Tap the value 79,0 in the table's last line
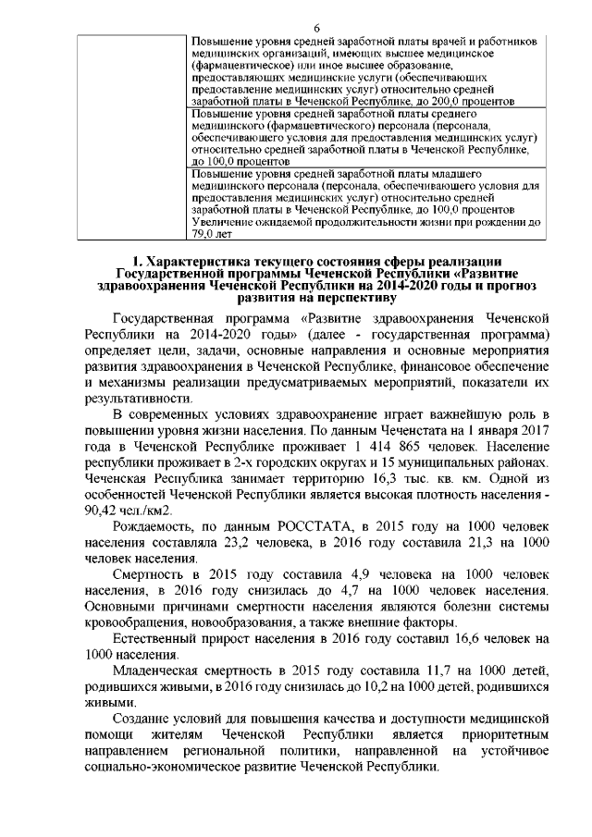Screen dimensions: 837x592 tap(203, 235)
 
